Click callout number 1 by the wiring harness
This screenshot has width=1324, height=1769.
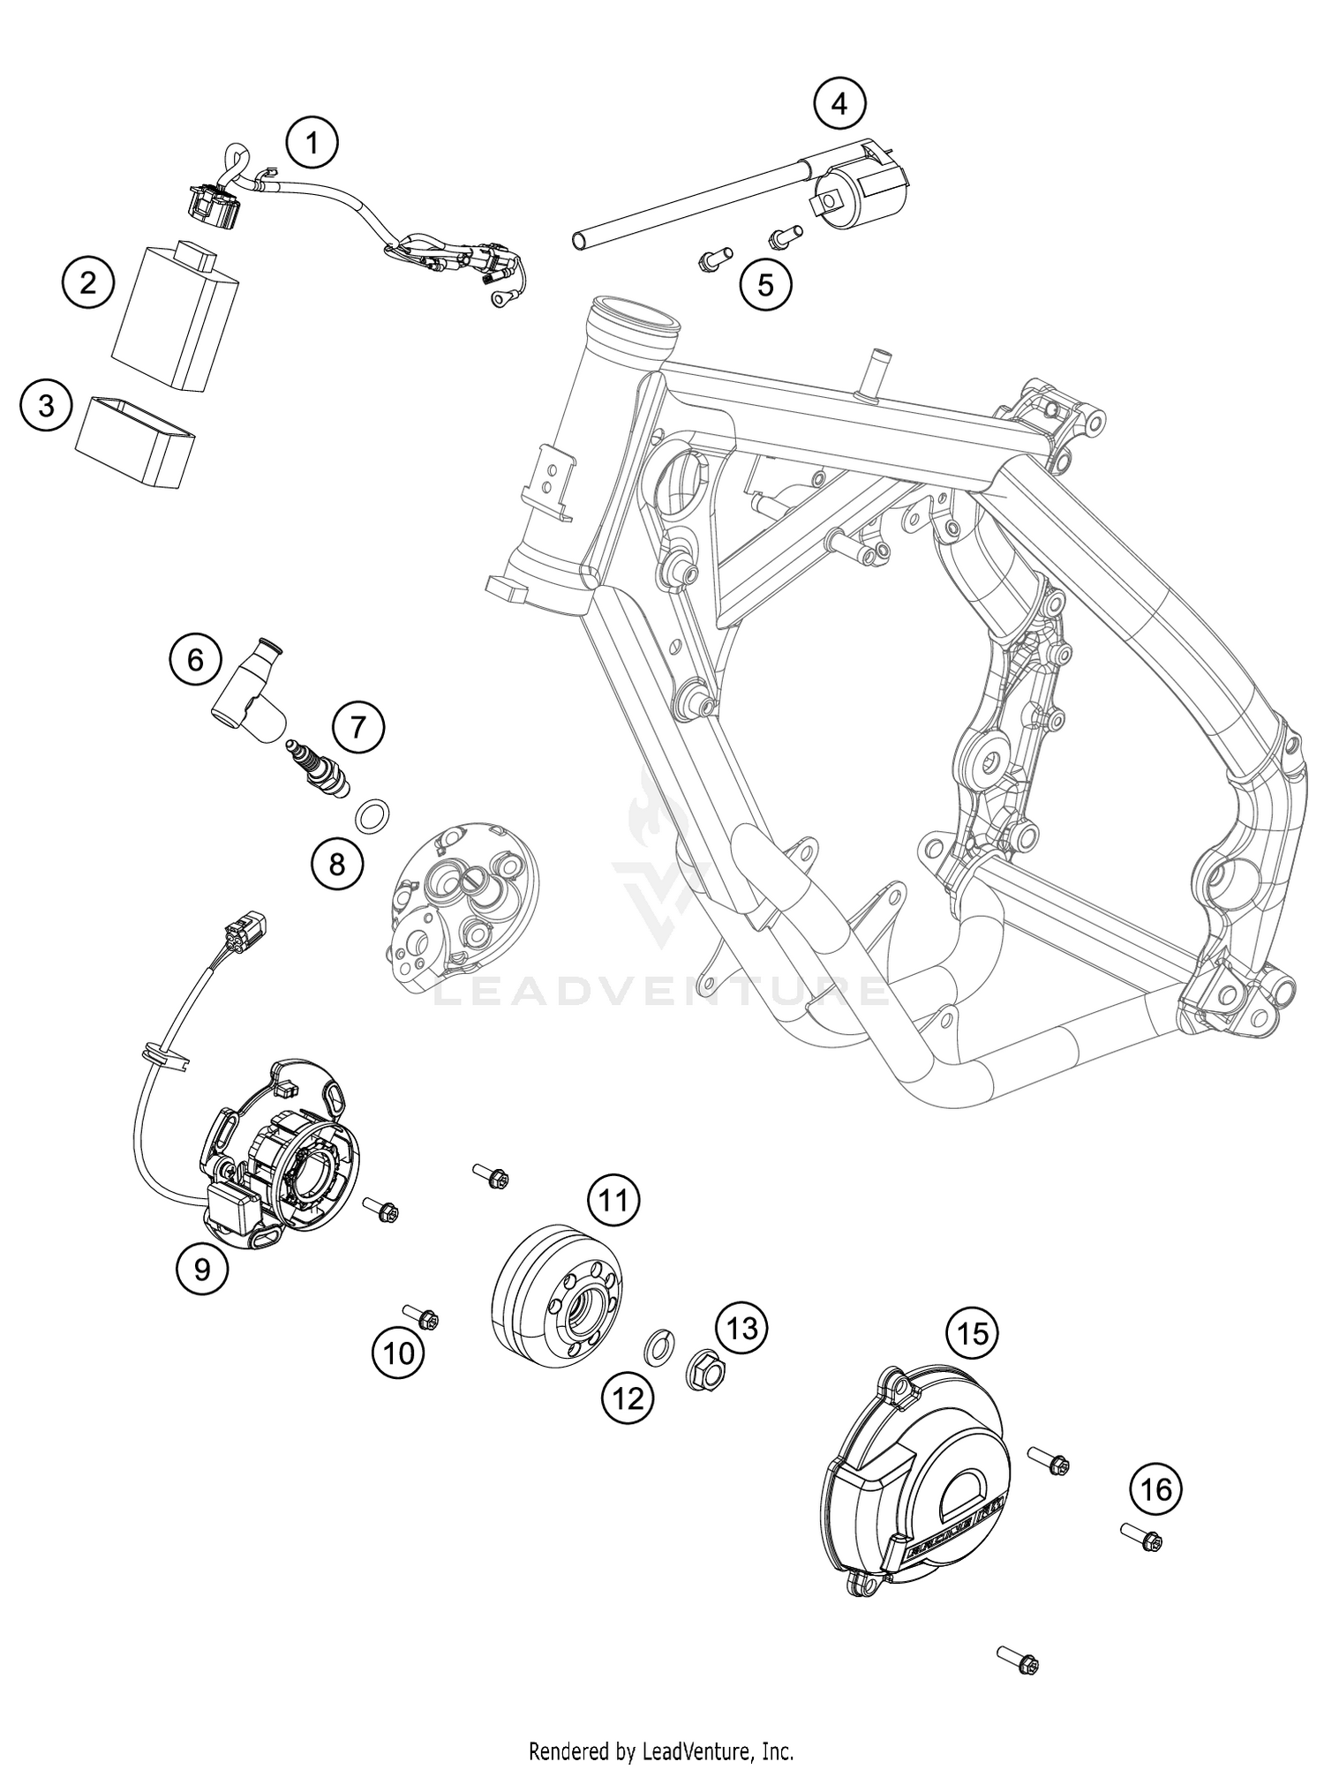coord(312,142)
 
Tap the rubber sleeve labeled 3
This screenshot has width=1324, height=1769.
coord(135,440)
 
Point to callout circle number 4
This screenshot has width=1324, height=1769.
coord(839,104)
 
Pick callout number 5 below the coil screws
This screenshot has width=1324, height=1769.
coord(765,284)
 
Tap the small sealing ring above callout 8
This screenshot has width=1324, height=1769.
coord(373,813)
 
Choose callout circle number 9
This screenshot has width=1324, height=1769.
coord(202,1269)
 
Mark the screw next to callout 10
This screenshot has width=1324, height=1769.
coord(423,1317)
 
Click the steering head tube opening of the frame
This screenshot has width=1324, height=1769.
coord(636,325)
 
